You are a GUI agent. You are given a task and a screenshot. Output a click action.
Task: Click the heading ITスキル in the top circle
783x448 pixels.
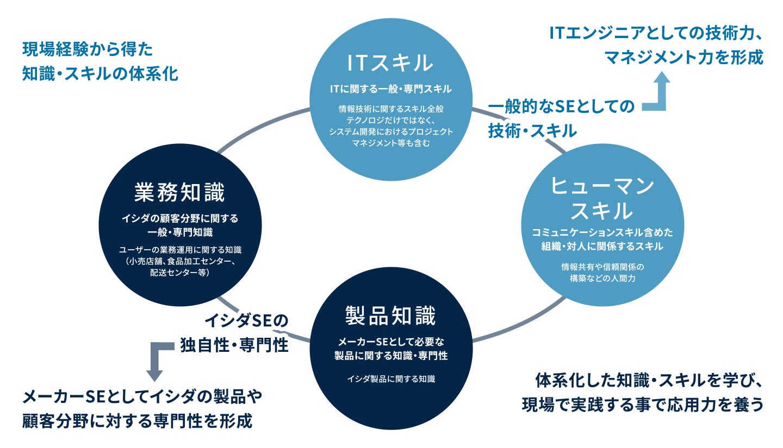(x=390, y=62)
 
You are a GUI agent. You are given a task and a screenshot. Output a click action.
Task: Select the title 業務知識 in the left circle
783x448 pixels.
(x=179, y=192)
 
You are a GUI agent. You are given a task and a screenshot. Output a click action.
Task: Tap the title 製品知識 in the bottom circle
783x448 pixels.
(x=390, y=316)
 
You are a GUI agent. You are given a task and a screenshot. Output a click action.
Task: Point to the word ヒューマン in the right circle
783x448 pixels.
(x=602, y=185)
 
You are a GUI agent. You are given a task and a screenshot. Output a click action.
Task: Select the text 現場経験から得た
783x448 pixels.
(x=88, y=49)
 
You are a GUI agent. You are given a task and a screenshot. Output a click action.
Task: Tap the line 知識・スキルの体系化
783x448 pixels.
(x=100, y=74)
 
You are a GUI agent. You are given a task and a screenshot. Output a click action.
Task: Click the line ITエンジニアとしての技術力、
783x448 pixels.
(x=655, y=33)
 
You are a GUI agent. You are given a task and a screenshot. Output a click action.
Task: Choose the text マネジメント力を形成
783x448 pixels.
(x=684, y=57)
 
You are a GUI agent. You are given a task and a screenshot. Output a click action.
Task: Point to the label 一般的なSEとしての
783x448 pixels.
(x=561, y=106)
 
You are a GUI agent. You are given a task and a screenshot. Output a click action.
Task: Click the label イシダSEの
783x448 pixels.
(x=246, y=320)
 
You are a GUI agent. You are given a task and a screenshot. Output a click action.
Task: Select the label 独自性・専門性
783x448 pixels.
(x=234, y=345)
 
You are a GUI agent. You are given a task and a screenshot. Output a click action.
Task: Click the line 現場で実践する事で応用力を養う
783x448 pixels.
(x=643, y=405)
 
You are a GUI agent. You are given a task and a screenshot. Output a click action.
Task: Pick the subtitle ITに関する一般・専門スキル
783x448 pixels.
(x=391, y=89)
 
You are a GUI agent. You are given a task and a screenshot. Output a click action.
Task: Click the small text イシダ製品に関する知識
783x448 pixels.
(x=391, y=379)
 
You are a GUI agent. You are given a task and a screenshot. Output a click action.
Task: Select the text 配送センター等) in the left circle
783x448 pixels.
(x=179, y=273)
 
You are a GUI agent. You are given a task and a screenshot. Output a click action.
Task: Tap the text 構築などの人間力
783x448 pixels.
(x=602, y=278)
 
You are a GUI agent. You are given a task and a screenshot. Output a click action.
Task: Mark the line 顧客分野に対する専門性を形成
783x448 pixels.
(x=137, y=421)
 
